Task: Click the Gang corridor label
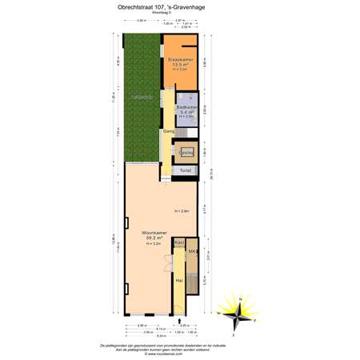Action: pos(168,130)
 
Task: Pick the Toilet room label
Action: pos(185,170)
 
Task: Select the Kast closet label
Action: pos(179,242)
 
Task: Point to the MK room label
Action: pos(192,252)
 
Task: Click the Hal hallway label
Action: pos(179,280)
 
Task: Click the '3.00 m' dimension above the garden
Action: pos(141,20)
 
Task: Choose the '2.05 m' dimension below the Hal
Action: pos(183,325)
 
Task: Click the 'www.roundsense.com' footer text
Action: pos(180,351)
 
